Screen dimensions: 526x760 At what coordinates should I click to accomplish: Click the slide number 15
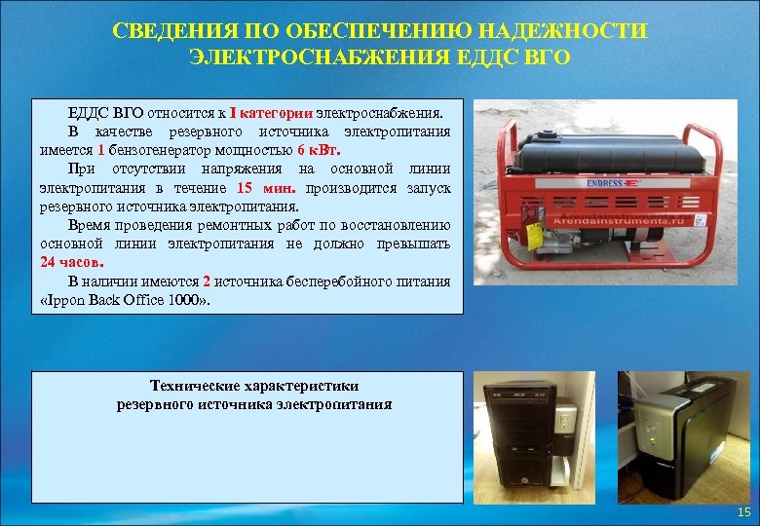[743, 511]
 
